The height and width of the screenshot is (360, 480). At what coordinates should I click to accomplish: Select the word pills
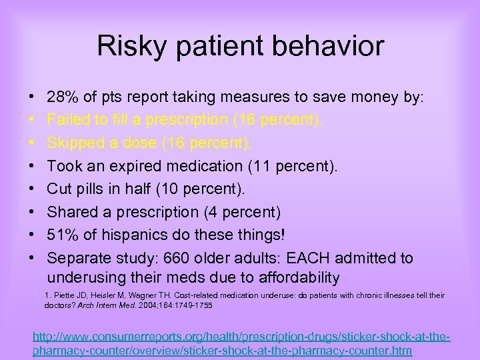(x=95, y=189)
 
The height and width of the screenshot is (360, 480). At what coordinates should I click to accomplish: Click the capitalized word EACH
(x=309, y=258)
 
